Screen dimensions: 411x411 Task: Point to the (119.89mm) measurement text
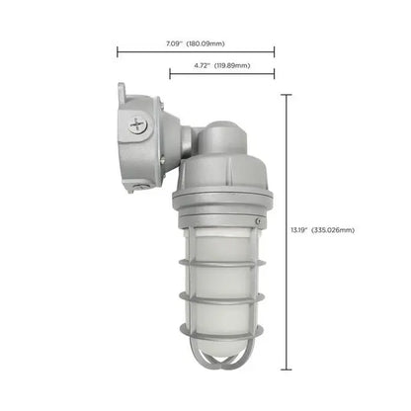(x=231, y=65)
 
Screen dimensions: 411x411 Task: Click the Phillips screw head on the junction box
(x=136, y=123)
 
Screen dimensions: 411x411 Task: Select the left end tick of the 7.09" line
(x=118, y=51)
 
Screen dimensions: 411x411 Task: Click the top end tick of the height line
(x=287, y=94)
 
